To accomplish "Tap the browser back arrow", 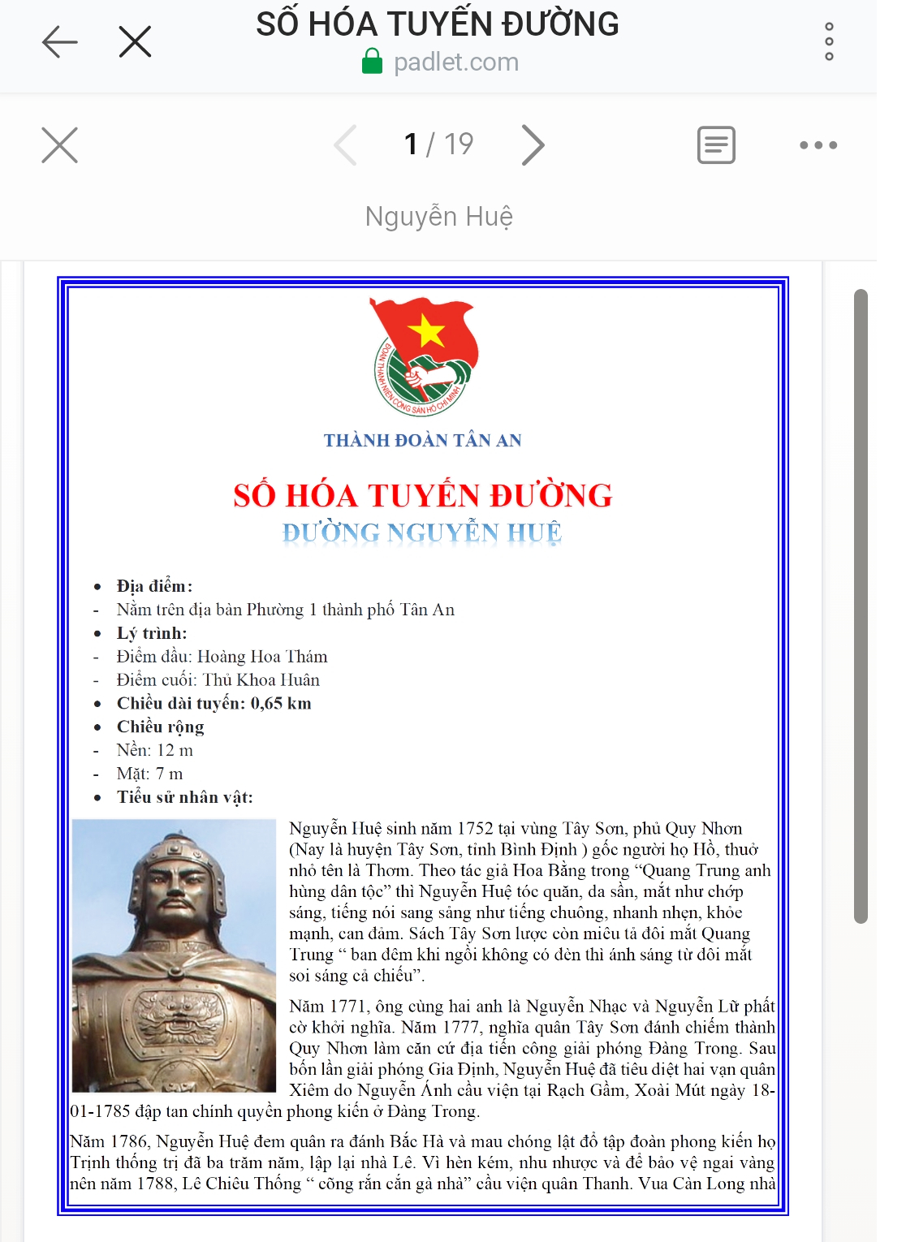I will [59, 41].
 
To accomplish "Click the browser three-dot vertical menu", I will [829, 41].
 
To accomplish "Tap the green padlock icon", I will [372, 62].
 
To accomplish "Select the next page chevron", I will [533, 145].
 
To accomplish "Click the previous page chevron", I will [346, 145].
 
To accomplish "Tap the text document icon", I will [716, 145].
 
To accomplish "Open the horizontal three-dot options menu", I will [818, 145].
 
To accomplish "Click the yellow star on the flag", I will [427, 331].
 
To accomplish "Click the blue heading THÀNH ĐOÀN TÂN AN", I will [422, 441].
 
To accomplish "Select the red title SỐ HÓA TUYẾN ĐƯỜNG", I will [422, 496].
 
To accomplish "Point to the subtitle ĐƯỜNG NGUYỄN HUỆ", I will [422, 533].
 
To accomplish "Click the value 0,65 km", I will [281, 704].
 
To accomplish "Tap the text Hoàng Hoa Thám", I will [262, 657].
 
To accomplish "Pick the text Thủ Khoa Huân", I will [261, 680].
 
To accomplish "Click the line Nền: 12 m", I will [154, 751].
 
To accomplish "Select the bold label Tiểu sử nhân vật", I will [184, 798].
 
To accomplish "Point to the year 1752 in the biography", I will [475, 829].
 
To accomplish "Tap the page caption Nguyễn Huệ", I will [438, 217].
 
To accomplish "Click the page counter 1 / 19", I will [438, 144].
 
